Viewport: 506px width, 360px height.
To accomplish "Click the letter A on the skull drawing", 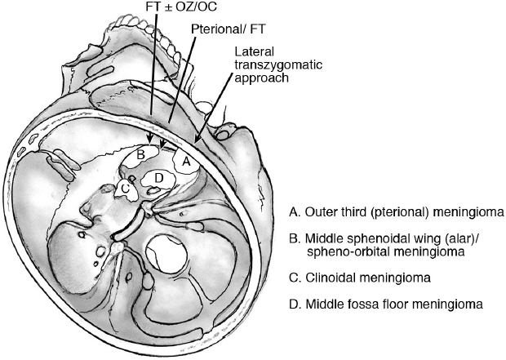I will click(x=185, y=162).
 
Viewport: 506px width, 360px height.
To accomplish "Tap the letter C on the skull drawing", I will click(x=124, y=189).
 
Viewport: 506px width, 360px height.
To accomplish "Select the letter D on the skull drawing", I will click(x=158, y=177).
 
